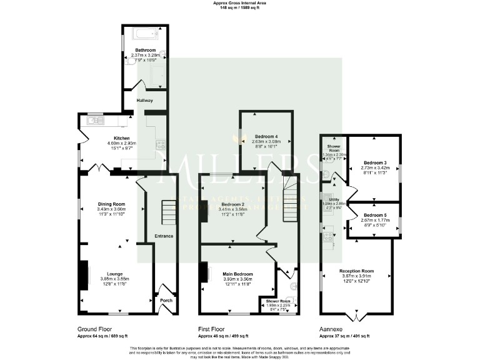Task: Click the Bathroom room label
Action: [x=146, y=49]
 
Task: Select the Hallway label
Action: [x=145, y=99]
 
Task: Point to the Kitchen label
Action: [x=121, y=138]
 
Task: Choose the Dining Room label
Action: [x=111, y=204]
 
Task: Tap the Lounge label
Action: [x=114, y=274]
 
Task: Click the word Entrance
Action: [x=163, y=236]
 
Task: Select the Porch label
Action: [x=166, y=301]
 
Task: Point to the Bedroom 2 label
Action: [x=232, y=204]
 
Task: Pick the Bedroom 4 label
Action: [x=266, y=136]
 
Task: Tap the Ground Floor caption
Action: [x=94, y=329]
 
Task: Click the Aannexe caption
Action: [x=332, y=329]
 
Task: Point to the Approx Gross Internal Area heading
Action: [x=239, y=3]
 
